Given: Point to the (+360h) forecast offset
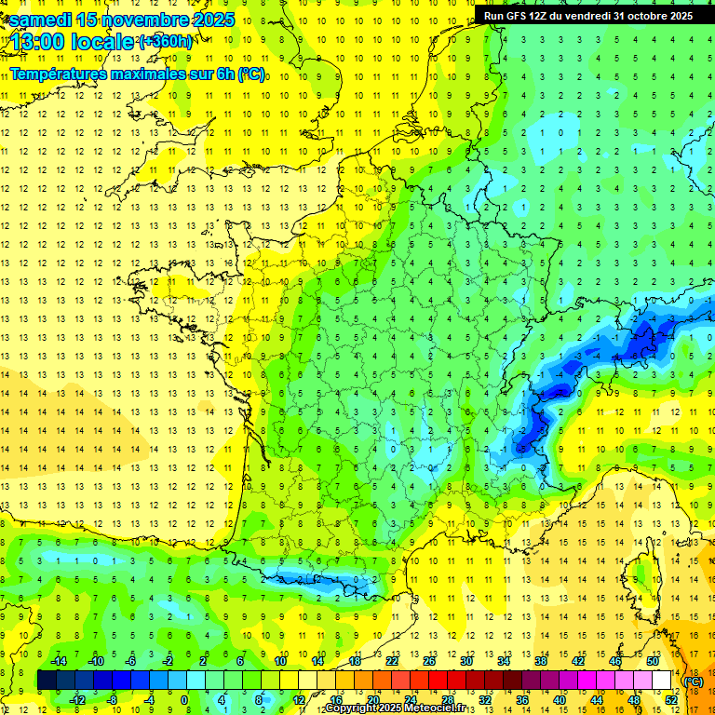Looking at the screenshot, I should click(166, 41).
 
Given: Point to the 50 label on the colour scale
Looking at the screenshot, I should click(653, 661).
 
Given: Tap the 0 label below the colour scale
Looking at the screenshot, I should click(184, 699).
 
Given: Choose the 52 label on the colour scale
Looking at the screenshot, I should click(671, 699).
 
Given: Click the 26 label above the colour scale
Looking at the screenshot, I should click(428, 661).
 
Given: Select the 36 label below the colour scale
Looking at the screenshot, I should click(521, 699).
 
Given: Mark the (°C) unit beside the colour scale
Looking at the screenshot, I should click(694, 681).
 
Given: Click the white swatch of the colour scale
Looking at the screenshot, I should click(662, 680).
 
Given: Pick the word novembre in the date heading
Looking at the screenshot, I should click(138, 20).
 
